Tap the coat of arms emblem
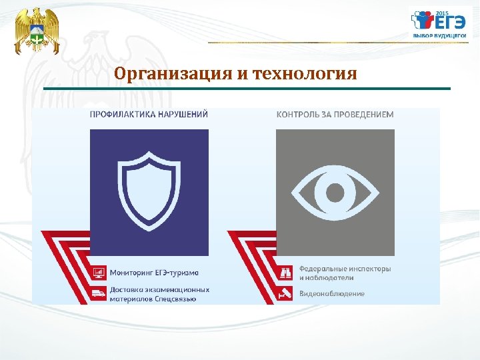click(x=37, y=31)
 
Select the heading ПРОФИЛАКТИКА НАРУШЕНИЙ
click(x=149, y=114)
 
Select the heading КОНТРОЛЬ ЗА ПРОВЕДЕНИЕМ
click(x=335, y=114)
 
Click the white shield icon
click(x=149, y=187)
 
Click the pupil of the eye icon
click(x=335, y=193)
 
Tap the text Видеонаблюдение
click(x=331, y=293)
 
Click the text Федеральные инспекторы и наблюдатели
click(x=345, y=273)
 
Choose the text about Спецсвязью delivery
click(x=159, y=294)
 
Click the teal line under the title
click(x=247, y=89)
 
